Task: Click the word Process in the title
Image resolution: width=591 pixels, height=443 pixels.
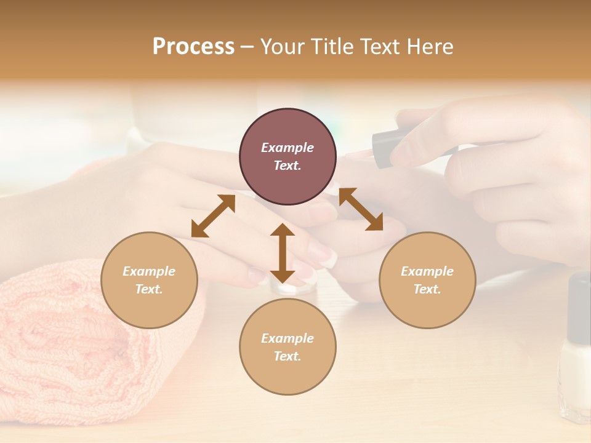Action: [193, 47]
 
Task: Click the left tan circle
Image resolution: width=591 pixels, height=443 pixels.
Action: [149, 308]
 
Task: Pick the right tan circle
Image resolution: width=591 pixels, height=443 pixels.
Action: [427, 308]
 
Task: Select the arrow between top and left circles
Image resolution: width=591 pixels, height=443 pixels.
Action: [213, 216]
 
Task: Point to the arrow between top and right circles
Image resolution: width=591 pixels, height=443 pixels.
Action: [361, 209]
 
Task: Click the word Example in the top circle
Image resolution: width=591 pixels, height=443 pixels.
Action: [287, 148]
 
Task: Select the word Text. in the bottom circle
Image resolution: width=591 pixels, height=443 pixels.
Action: [287, 356]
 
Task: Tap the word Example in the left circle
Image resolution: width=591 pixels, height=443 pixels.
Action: [149, 271]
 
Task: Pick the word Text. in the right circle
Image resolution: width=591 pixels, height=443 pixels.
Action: [427, 289]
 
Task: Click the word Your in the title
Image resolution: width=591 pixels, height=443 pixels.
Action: [281, 47]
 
